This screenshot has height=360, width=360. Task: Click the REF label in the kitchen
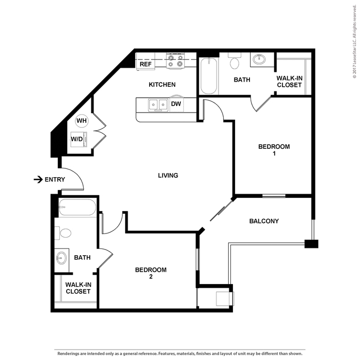point(145,65)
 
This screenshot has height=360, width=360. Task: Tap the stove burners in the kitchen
point(175,61)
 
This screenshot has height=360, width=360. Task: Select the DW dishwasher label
point(176,104)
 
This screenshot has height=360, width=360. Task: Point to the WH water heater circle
point(82,121)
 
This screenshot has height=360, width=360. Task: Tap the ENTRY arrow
point(38,180)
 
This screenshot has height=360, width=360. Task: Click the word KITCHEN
point(162,85)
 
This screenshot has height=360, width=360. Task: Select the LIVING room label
point(168,176)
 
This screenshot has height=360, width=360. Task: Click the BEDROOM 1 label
point(274,150)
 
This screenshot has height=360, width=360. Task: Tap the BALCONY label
point(264,221)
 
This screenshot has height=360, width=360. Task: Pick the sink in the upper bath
point(258,60)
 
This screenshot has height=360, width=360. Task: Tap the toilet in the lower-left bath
point(64,233)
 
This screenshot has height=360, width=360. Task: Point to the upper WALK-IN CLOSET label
point(289,81)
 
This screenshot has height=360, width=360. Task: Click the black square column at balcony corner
point(311,243)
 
